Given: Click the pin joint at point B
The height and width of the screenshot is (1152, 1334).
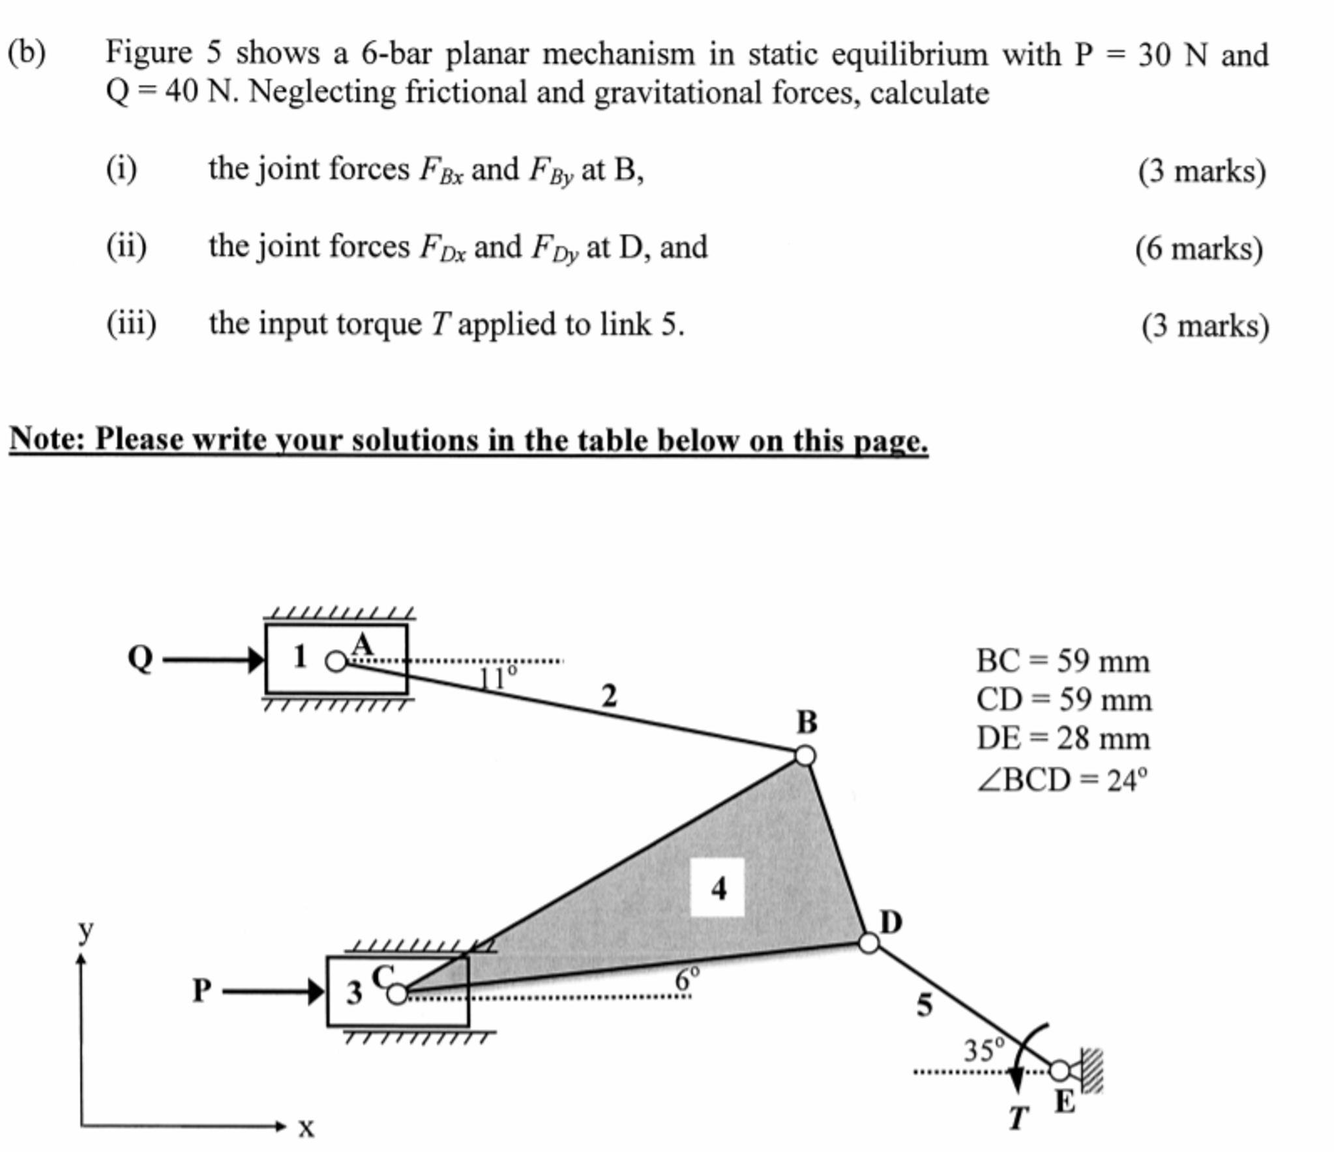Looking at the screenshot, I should (805, 756).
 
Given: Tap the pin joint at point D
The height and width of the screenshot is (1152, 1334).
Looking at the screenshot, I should (868, 943).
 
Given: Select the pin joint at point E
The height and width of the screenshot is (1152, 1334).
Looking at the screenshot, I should (1060, 1070).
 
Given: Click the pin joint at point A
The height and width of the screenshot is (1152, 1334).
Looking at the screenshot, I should (336, 661).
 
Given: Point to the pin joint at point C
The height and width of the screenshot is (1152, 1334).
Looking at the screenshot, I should (397, 994).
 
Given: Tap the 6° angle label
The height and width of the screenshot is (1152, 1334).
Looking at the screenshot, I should (687, 980).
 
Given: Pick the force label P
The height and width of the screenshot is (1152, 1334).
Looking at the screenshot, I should (201, 990).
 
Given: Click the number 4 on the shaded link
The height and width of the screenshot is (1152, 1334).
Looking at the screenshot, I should (718, 888).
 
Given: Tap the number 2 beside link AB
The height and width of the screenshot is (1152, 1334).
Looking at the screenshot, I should (608, 696).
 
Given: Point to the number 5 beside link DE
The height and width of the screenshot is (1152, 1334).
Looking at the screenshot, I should (925, 1005).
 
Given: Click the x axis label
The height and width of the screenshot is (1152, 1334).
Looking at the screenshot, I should (306, 1127).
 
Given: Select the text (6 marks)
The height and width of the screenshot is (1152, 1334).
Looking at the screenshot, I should (1198, 249).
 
